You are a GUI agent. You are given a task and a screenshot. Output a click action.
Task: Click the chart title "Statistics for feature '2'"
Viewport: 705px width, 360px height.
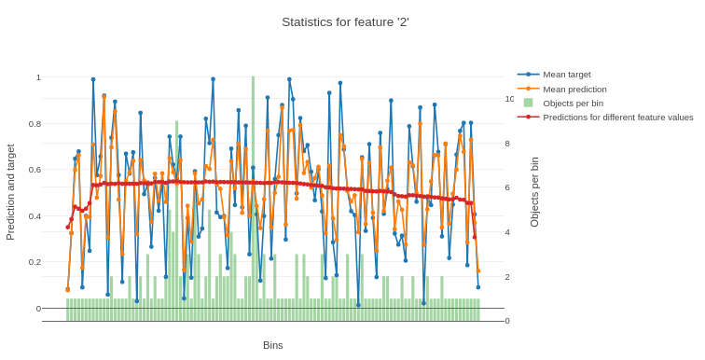tap(345, 22)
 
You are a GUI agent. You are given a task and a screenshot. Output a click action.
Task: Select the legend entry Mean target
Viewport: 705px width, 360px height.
tap(567, 75)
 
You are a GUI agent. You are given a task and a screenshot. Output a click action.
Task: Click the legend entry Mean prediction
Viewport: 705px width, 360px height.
tap(574, 89)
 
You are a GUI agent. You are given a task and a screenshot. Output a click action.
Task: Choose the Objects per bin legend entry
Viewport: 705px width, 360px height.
tap(573, 103)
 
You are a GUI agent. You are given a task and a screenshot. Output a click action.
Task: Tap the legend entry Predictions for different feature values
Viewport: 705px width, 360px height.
tap(617, 117)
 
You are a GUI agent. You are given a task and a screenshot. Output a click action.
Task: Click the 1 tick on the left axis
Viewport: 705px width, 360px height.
tap(37, 77)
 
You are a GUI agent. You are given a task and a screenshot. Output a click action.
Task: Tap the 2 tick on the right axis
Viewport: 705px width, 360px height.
tap(508, 277)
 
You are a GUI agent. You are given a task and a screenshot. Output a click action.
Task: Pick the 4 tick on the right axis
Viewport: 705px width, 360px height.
tap(508, 232)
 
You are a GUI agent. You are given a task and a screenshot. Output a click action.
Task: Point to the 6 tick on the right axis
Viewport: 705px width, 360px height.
tap(508, 187)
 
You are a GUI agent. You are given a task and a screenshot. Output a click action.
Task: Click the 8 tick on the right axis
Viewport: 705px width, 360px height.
tap(508, 144)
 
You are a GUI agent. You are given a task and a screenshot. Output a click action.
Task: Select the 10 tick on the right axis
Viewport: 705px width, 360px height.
tap(509, 99)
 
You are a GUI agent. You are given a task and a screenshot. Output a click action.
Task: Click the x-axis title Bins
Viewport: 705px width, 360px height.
tap(272, 345)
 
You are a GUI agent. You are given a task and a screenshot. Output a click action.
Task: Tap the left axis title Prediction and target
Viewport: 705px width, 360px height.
tap(11, 192)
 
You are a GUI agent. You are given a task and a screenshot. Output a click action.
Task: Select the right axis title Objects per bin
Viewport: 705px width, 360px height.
tap(534, 192)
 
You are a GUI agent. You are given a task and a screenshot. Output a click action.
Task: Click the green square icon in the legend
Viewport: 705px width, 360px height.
tap(528, 103)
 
